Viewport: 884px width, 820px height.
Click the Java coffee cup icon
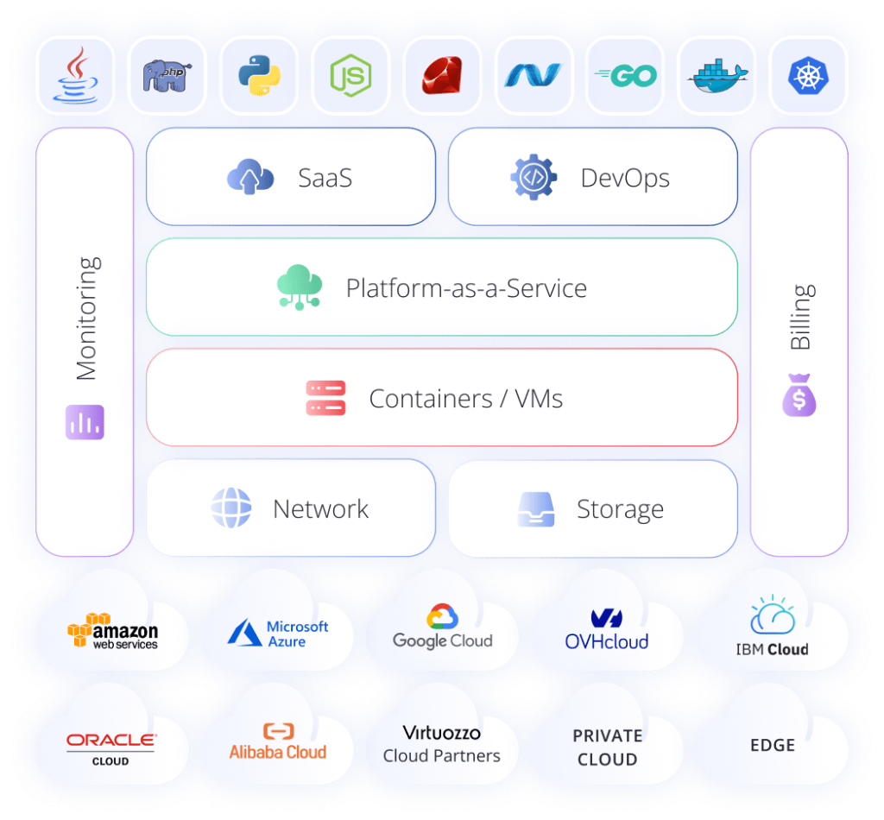tap(77, 75)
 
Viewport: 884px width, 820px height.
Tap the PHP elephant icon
tap(167, 75)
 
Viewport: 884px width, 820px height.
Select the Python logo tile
tap(258, 75)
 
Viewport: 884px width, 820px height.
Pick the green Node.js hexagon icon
tap(350, 75)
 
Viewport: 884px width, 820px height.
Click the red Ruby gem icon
tap(442, 75)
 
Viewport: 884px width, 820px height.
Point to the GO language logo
tap(625, 75)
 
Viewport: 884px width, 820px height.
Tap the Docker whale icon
tap(716, 76)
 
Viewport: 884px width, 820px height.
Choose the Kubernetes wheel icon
tap(808, 75)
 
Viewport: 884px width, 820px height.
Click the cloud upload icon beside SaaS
tap(250, 178)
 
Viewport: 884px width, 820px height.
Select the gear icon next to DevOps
tap(534, 178)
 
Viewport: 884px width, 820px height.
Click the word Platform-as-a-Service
tap(466, 287)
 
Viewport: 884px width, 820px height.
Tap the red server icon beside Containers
tap(325, 398)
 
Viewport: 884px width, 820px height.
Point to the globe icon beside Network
tap(231, 508)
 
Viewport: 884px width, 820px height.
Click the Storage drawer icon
tap(535, 509)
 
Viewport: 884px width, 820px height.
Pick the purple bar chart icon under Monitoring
tap(85, 422)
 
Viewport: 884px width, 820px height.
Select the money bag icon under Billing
tap(799, 399)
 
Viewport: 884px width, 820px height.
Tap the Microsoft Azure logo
tap(278, 634)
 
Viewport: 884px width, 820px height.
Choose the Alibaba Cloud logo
tap(278, 742)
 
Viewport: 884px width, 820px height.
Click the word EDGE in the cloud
tap(772, 744)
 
